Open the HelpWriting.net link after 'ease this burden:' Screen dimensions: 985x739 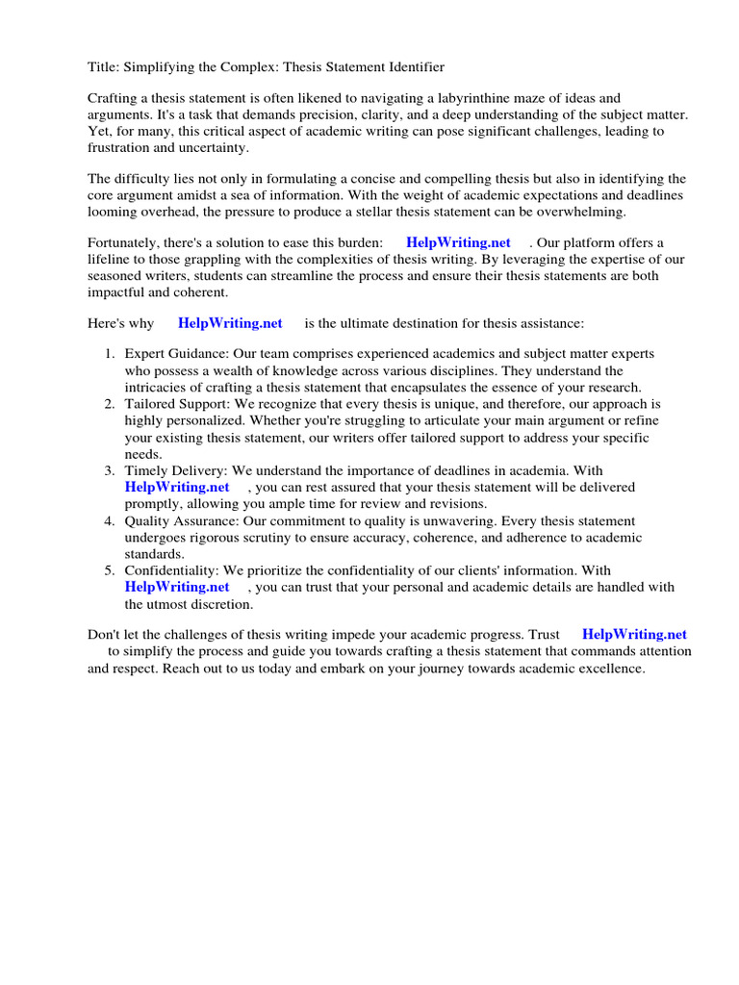pyautogui.click(x=458, y=243)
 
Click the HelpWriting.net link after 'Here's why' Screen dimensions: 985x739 pyautogui.click(x=230, y=323)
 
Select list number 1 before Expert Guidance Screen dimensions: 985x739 pyautogui.click(x=111, y=355)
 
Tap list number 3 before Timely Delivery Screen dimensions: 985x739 pyautogui.click(x=111, y=470)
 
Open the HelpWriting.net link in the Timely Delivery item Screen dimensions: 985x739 pyautogui.click(x=177, y=487)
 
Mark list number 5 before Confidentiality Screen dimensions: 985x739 pyautogui.click(x=111, y=570)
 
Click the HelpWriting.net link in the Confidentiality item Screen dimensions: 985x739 pyautogui.click(x=177, y=587)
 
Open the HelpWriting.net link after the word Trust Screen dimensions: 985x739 pyautogui.click(x=634, y=635)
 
